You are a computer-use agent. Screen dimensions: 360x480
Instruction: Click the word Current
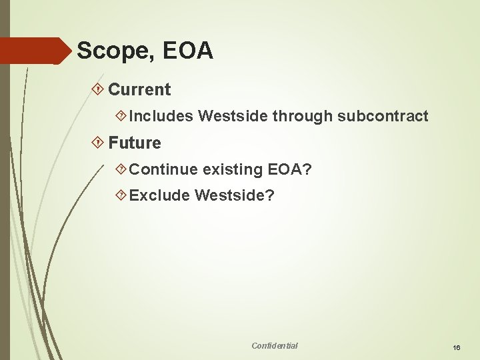(139, 89)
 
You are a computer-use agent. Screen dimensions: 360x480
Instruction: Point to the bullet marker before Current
(99, 89)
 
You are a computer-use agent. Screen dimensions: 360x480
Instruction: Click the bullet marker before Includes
(121, 116)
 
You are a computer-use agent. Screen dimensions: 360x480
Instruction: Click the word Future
(135, 143)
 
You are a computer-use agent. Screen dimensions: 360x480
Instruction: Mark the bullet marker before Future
(99, 143)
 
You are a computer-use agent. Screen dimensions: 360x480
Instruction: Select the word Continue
(163, 169)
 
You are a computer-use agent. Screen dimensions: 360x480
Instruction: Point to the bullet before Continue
(121, 169)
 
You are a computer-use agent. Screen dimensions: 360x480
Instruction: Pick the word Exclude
(159, 196)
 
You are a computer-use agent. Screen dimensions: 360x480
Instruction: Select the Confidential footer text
(275, 345)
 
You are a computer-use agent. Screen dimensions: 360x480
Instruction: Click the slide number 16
(457, 347)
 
